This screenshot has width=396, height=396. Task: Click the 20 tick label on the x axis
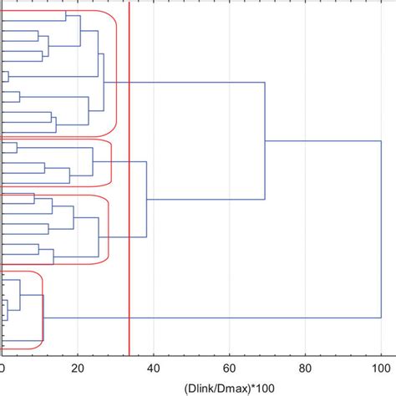point(78,366)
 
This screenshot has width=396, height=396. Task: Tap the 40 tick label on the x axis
point(154,366)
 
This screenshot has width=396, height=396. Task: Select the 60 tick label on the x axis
point(230,366)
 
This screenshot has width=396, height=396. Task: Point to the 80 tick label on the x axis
point(306,366)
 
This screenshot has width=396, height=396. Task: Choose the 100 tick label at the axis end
point(380,366)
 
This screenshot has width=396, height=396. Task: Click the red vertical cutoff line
point(129,251)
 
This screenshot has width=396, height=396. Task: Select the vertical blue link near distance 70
point(265,141)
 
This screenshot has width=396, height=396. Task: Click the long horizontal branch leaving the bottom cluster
point(209,318)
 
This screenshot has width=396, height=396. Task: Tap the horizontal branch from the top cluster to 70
point(184,83)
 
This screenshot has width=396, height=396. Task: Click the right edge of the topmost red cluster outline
point(116,75)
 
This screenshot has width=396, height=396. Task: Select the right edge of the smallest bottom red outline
point(43,309)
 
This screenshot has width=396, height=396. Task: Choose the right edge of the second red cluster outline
point(111,163)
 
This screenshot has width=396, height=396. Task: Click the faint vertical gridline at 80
point(306,251)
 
